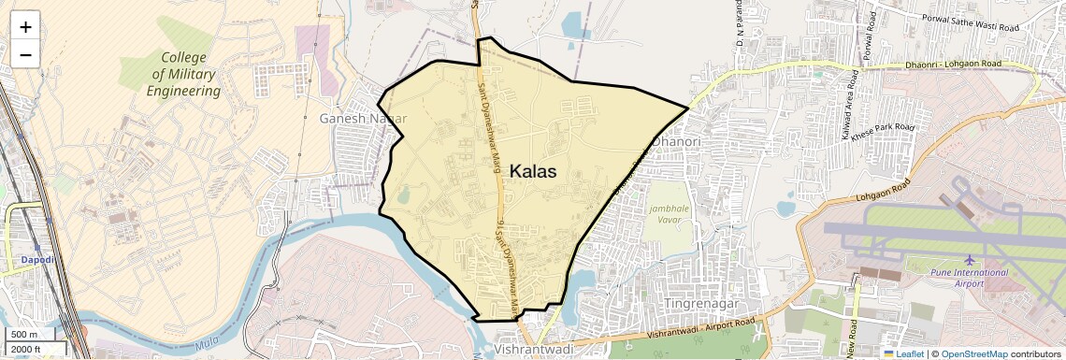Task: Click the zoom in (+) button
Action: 25,27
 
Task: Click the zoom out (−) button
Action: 25,55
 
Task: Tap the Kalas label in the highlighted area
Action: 533,172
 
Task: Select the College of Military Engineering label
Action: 183,74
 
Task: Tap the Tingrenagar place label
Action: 701,304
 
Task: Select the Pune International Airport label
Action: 970,278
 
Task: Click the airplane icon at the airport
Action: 970,259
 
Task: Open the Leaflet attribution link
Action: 904,353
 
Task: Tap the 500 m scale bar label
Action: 24,335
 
